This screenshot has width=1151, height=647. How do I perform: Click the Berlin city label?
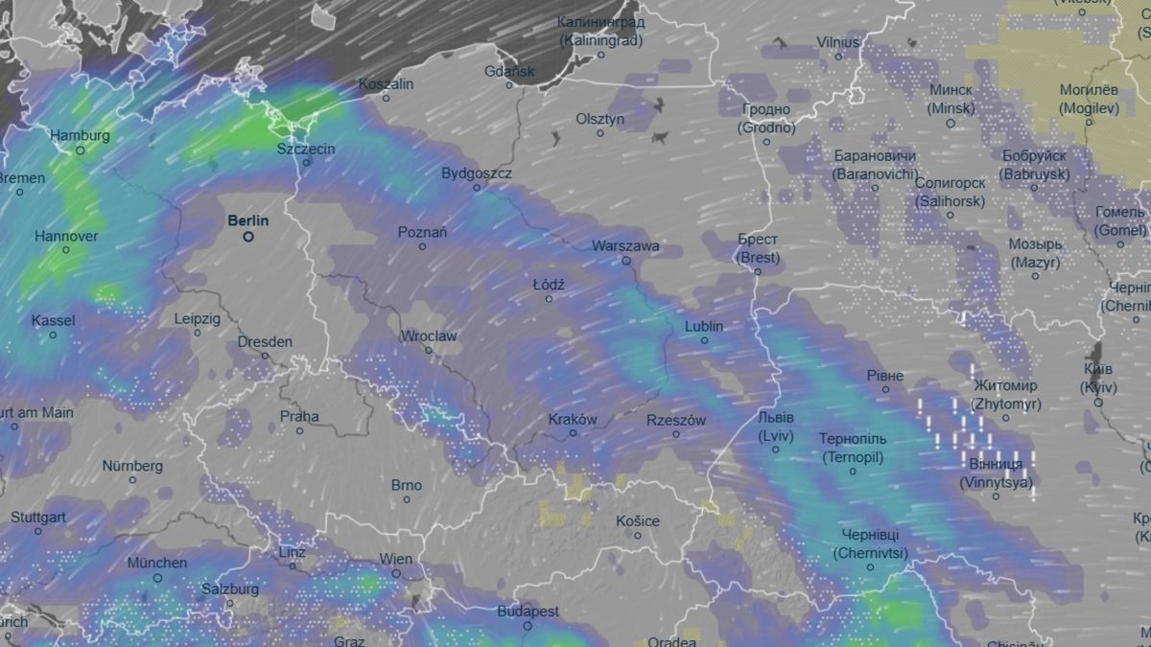[x=247, y=220]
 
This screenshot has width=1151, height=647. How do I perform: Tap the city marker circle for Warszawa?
[x=626, y=261]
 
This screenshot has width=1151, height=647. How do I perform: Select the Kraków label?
[x=573, y=420]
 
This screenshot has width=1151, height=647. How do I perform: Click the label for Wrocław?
[x=430, y=336]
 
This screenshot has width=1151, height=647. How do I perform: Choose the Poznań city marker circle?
[x=422, y=246]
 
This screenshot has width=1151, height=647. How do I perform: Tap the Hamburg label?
[x=80, y=136]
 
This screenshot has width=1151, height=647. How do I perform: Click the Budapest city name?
[x=528, y=612]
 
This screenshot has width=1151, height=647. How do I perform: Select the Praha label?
[x=299, y=417]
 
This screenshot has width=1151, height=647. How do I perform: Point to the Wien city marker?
[x=396, y=573]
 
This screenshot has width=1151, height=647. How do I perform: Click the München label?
[x=156, y=563]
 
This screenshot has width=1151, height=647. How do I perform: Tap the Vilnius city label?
[x=838, y=42]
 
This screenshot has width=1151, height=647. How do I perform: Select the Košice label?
[x=638, y=521]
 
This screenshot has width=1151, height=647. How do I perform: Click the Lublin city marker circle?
[x=704, y=340]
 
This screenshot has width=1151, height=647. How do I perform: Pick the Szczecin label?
[x=306, y=149]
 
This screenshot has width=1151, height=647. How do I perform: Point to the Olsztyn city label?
[x=600, y=119]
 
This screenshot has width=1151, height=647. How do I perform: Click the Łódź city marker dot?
[x=550, y=299]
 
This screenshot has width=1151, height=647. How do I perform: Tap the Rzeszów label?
[x=676, y=420]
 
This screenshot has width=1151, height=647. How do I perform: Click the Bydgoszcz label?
[x=477, y=173]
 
